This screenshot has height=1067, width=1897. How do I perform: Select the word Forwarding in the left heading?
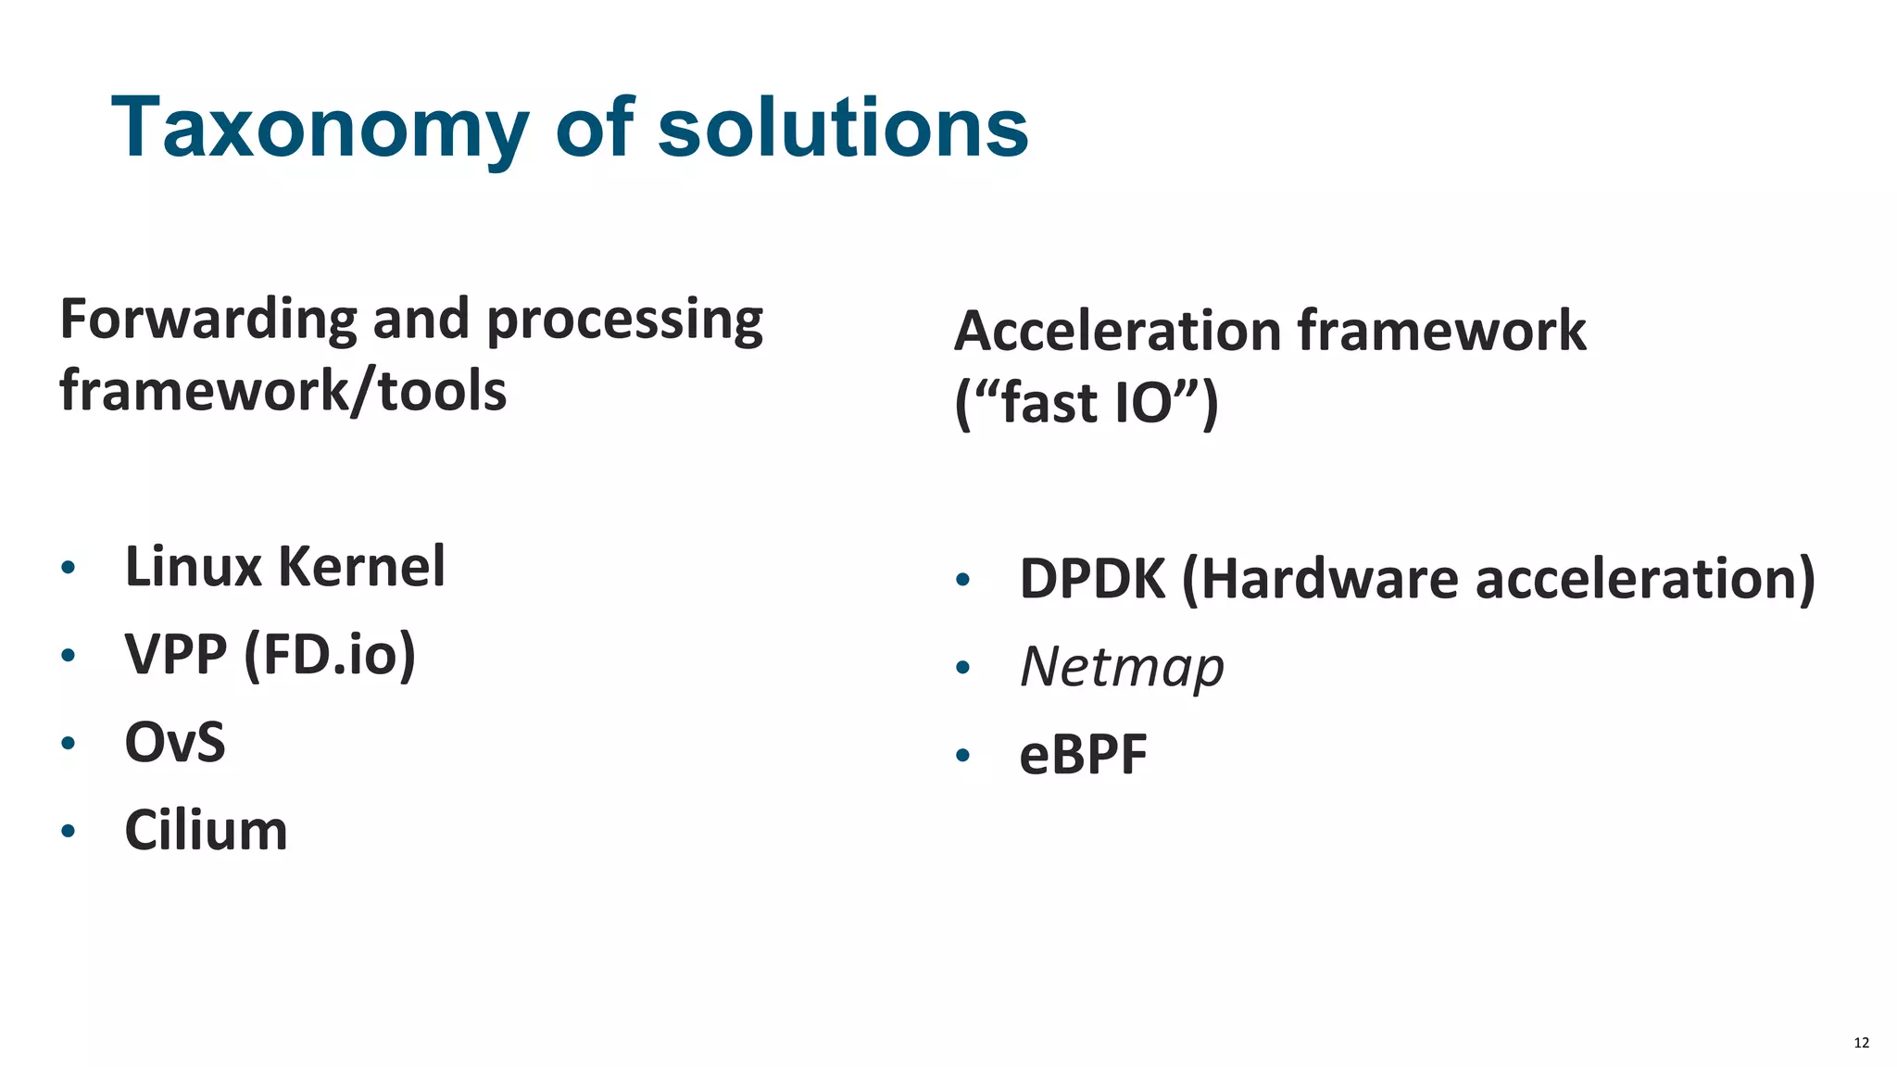(x=207, y=320)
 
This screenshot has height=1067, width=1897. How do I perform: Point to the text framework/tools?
(x=283, y=391)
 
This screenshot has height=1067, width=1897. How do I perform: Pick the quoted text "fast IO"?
(x=1087, y=403)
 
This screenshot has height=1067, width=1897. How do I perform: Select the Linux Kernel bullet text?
(x=284, y=567)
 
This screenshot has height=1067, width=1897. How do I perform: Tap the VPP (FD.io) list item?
(x=270, y=655)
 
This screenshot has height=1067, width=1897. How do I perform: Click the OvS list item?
(x=175, y=743)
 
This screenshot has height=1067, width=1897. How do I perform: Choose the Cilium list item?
(x=206, y=831)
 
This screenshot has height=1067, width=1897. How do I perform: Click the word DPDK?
(x=1092, y=579)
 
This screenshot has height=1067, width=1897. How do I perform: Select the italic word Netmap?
(x=1122, y=667)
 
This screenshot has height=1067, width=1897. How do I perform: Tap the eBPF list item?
(x=1083, y=755)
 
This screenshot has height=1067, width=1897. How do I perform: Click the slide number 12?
(x=1861, y=1043)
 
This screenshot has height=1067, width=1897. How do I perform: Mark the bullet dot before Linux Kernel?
(x=68, y=567)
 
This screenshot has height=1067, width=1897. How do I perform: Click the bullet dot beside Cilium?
(x=68, y=831)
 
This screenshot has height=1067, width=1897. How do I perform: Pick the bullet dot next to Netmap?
(x=962, y=667)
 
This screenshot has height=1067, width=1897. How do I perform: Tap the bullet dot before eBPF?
(x=962, y=755)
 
